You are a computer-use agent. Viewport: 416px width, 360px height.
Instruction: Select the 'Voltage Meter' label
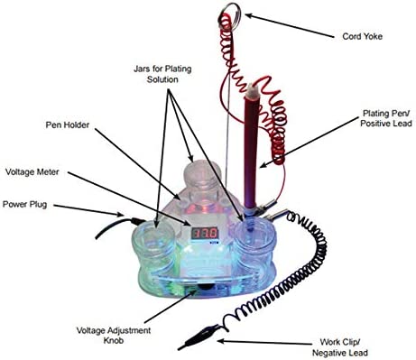[39, 170]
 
